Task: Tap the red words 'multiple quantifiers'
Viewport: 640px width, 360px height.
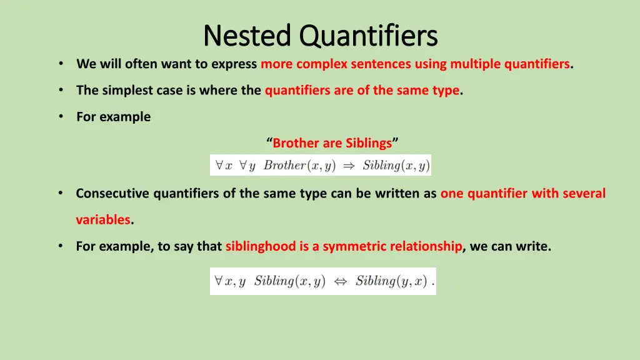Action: click(x=510, y=64)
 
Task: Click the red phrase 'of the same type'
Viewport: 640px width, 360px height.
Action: click(x=417, y=90)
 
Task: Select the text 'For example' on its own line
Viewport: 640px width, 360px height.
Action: click(x=113, y=117)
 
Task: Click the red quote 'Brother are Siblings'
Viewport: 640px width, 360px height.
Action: click(x=332, y=143)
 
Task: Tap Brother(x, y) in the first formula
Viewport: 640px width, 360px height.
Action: click(x=299, y=166)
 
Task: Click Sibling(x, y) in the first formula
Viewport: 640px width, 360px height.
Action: click(x=396, y=166)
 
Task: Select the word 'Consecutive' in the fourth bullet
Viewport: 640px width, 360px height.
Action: click(x=113, y=194)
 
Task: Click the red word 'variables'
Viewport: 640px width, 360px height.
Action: click(x=103, y=220)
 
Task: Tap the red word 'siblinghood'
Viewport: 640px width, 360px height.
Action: click(x=261, y=246)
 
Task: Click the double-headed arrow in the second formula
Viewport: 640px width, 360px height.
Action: click(x=341, y=281)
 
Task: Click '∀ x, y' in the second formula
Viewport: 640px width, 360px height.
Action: click(x=229, y=281)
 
